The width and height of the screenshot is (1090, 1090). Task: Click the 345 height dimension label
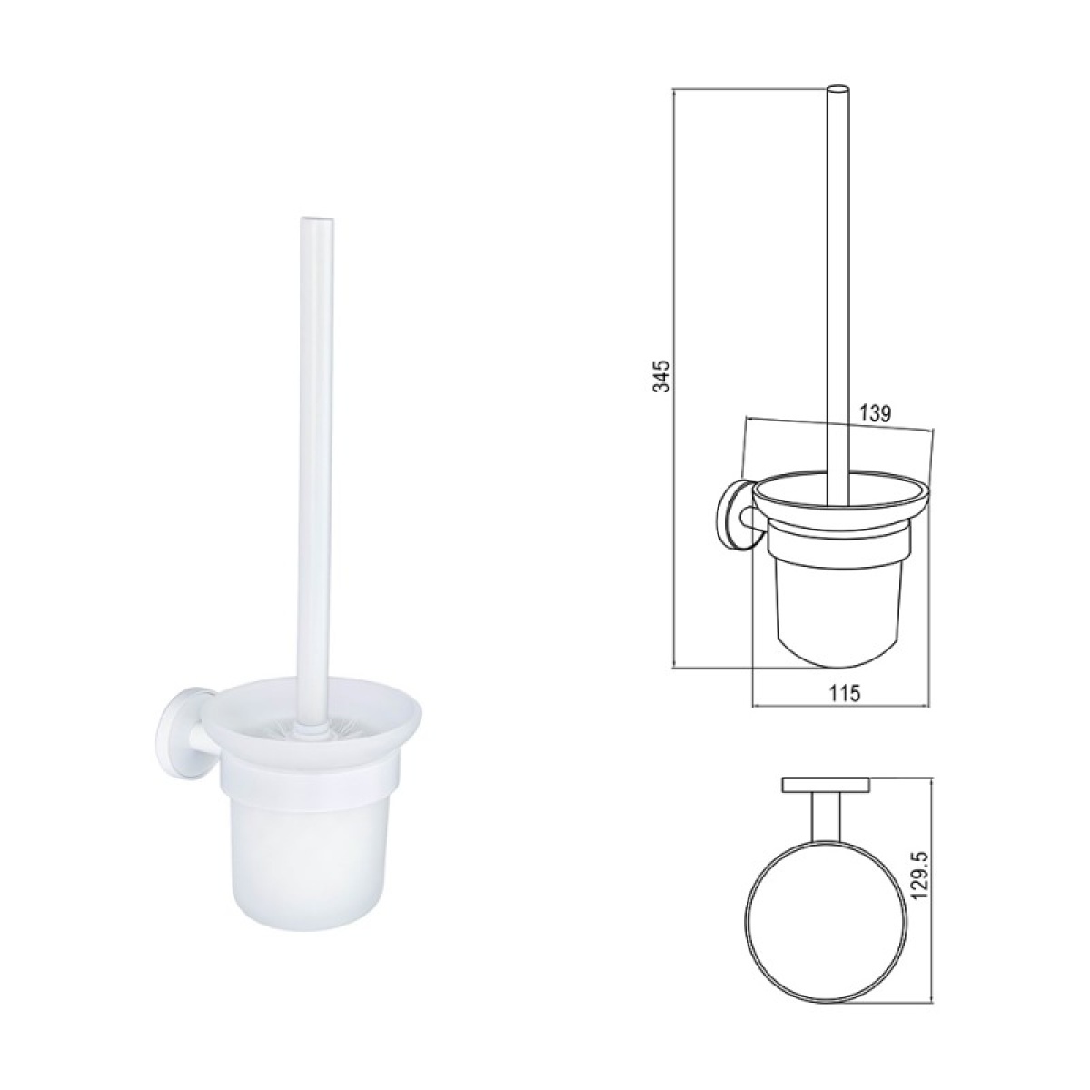tap(660, 375)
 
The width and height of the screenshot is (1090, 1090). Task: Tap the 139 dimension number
tap(876, 413)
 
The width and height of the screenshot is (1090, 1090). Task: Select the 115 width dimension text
tap(843, 692)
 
